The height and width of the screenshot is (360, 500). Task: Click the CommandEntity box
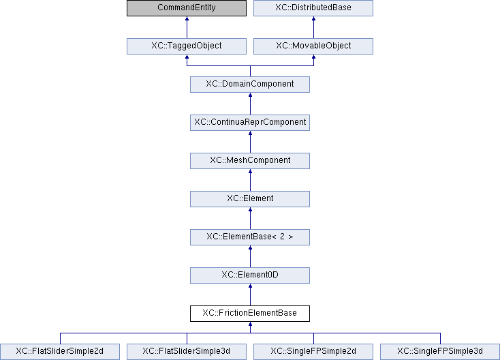click(187, 8)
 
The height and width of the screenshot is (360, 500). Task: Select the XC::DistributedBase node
click(313, 8)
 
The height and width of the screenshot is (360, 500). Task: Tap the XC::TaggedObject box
click(187, 46)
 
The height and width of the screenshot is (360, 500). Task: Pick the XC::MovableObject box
click(313, 46)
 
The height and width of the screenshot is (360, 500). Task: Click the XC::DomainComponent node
click(250, 85)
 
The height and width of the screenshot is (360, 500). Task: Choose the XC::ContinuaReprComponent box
click(250, 123)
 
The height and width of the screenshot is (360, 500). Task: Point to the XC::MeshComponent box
click(250, 161)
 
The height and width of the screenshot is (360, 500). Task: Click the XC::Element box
click(250, 199)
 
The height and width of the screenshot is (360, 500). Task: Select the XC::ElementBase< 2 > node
click(250, 237)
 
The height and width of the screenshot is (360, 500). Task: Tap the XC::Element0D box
click(250, 275)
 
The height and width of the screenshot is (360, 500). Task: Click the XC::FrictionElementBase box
click(250, 314)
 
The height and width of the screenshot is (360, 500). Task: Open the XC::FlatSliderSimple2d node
click(60, 352)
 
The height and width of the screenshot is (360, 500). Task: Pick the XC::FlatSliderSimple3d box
click(187, 352)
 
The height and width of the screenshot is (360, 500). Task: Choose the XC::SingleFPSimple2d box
click(313, 352)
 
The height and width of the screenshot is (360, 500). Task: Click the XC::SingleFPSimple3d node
click(440, 352)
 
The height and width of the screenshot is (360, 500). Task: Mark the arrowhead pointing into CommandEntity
click(187, 18)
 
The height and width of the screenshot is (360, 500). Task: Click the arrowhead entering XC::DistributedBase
click(313, 18)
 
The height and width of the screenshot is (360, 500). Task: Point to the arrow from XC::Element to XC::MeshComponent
click(250, 180)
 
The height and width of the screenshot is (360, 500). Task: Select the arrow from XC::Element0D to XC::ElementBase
click(250, 256)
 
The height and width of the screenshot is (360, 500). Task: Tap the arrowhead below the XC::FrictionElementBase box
click(250, 324)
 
